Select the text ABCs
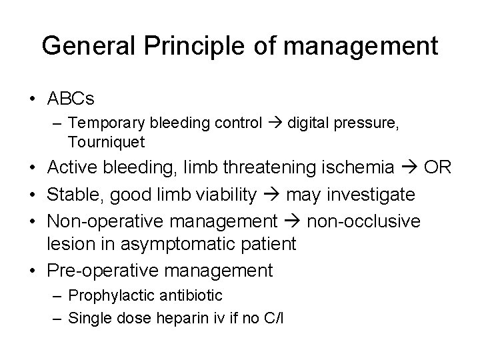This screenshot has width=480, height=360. point(71,99)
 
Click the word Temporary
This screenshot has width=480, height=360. point(104,123)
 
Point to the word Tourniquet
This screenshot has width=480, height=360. point(106,142)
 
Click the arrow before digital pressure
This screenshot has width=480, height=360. point(277,123)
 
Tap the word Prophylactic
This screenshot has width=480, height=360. point(102,295)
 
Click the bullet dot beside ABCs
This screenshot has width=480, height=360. point(32,99)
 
